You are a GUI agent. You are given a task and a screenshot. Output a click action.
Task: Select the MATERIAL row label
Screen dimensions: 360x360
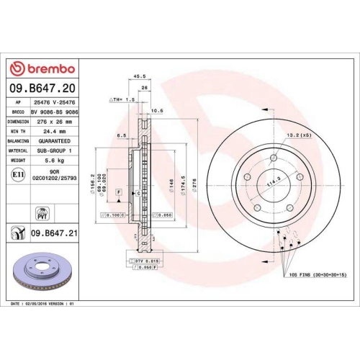(18, 151)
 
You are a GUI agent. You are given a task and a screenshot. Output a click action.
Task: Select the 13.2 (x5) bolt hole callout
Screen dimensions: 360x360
(297, 135)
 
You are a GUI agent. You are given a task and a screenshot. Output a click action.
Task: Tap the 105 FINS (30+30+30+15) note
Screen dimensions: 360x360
(318, 275)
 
